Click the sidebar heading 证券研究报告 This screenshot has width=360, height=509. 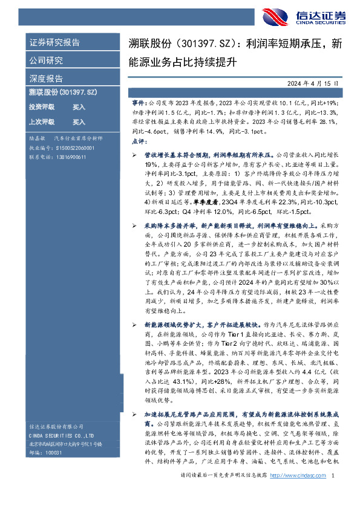[x=54, y=43]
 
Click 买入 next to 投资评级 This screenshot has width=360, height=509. [x=79, y=107]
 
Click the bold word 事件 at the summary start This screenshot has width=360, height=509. [x=139, y=103]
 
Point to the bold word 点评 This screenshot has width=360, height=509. [x=139, y=140]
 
